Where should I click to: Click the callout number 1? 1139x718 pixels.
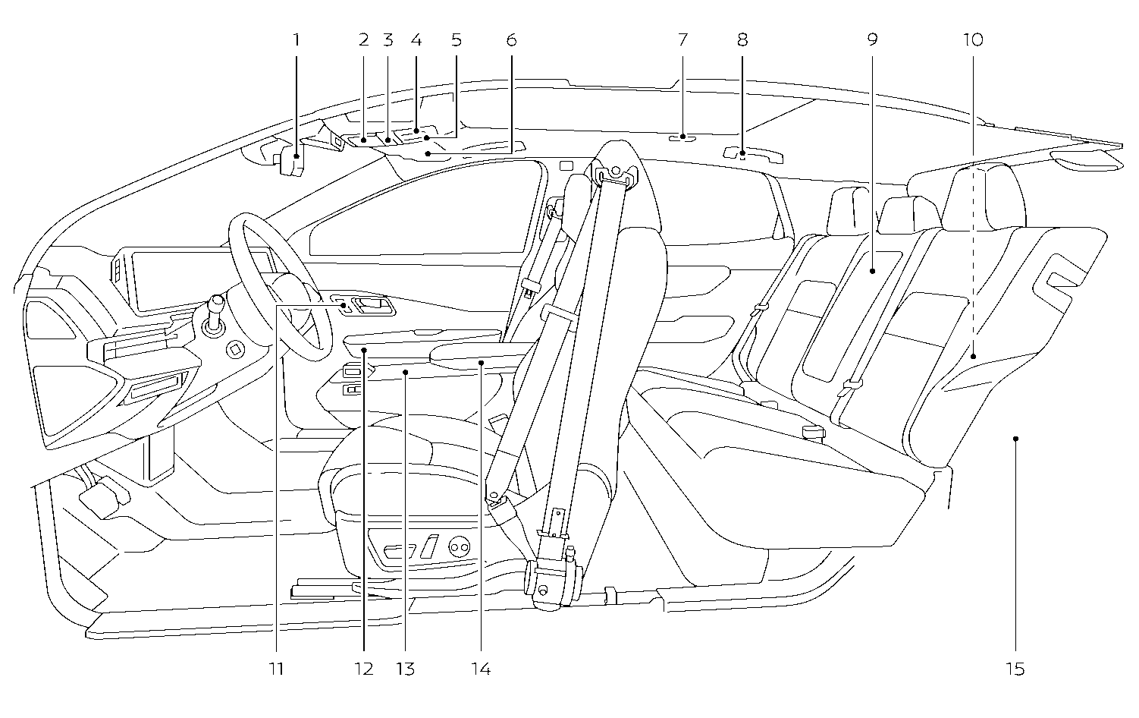click(297, 39)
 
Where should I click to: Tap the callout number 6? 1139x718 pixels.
click(512, 39)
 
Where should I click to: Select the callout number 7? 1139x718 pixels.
click(682, 39)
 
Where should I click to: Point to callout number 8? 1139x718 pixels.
click(742, 39)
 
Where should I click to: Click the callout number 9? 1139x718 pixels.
click(873, 39)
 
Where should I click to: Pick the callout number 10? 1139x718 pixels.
click(973, 39)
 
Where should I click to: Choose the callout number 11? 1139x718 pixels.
click(276, 669)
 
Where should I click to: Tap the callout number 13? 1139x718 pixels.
click(405, 669)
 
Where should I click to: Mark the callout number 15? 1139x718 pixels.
click(1015, 669)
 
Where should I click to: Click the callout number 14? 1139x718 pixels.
click(481, 669)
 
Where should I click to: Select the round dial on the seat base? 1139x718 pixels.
click(459, 547)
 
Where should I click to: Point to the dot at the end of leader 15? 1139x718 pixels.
click(1015, 439)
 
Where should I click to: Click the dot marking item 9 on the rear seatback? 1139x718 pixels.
click(873, 271)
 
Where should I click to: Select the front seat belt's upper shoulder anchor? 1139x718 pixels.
click(616, 175)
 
